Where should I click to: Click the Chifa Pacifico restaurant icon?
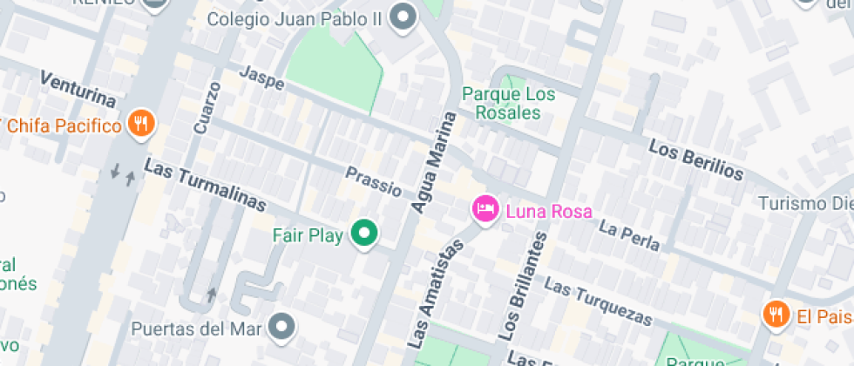point(140,125)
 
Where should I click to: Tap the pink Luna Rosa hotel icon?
point(485,209)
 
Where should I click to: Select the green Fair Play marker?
point(364,234)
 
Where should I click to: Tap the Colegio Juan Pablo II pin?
point(403,17)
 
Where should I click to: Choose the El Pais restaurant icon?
point(775,315)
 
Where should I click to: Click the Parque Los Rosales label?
point(501,103)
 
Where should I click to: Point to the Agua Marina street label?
point(434,162)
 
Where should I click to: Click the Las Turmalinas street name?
point(205,185)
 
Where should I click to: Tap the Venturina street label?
point(78,87)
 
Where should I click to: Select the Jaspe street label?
point(261,78)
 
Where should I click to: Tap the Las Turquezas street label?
point(598,301)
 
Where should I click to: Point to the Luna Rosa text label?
point(549,211)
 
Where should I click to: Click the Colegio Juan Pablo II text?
point(296,18)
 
